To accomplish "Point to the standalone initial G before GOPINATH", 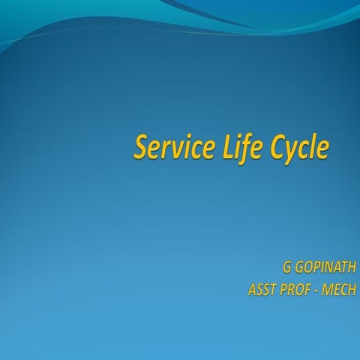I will [x=286, y=268].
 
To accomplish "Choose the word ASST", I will [x=262, y=289].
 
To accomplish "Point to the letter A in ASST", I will [x=251, y=289].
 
